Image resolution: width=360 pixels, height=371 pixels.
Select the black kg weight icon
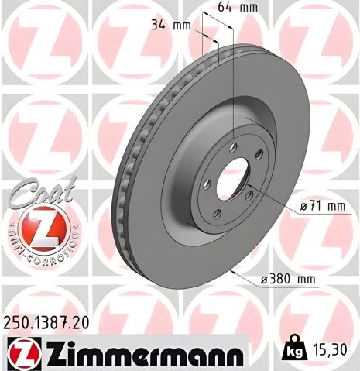point(295,349)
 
